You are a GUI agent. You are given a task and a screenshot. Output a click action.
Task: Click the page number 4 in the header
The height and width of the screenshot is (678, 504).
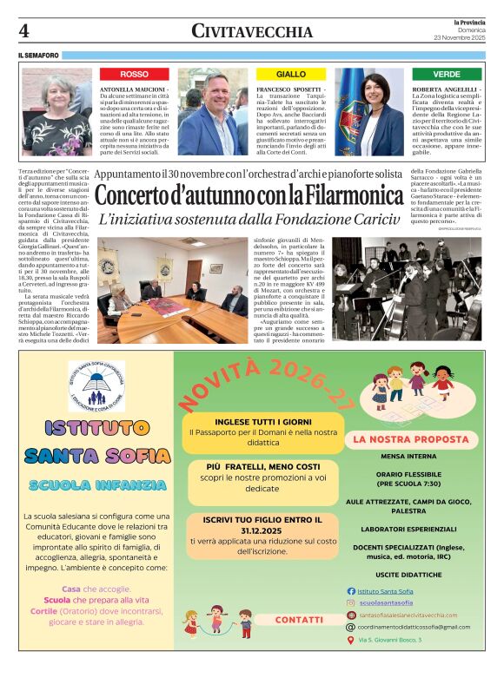click(x=24, y=30)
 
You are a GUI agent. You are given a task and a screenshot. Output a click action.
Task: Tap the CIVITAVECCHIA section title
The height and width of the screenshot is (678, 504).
click(x=252, y=31)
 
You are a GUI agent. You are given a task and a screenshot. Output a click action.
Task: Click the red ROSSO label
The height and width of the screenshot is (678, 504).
click(x=134, y=75)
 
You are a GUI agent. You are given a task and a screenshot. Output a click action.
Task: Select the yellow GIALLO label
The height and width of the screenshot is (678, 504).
click(x=291, y=75)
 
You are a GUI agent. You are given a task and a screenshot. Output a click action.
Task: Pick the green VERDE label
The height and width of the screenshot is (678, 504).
click(x=447, y=75)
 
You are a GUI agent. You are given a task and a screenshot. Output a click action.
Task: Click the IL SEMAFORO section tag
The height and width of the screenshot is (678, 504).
click(x=38, y=56)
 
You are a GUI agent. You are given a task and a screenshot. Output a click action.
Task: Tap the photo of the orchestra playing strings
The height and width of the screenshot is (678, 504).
click(x=407, y=289)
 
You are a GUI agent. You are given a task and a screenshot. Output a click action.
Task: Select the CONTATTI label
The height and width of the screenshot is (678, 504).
click(x=299, y=620)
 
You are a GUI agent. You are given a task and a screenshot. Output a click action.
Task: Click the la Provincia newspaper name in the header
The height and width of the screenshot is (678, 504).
click(x=468, y=21)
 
